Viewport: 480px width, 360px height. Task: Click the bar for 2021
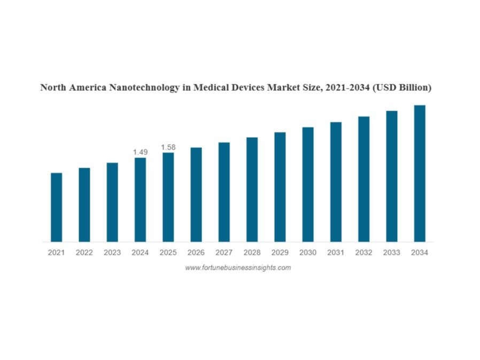(56, 207)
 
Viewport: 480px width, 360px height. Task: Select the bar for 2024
(140, 199)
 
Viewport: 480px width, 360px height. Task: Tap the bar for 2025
(168, 197)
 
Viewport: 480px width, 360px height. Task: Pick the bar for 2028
(252, 190)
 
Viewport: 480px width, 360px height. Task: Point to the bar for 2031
(336, 182)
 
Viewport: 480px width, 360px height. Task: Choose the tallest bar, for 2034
(420, 173)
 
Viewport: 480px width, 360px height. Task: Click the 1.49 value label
(140, 152)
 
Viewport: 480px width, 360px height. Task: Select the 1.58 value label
(168, 147)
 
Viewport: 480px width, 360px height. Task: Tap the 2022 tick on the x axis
(84, 253)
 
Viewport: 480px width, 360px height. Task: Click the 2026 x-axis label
(196, 253)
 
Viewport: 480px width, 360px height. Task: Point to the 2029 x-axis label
(280, 253)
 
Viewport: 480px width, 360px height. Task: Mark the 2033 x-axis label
(391, 253)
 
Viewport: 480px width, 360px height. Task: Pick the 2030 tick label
(308, 253)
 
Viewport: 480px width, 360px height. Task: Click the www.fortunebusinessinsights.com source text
(238, 268)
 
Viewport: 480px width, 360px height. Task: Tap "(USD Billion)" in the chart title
(402, 88)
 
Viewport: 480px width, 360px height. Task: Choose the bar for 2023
(112, 202)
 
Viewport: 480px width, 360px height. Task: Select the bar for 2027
(224, 192)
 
